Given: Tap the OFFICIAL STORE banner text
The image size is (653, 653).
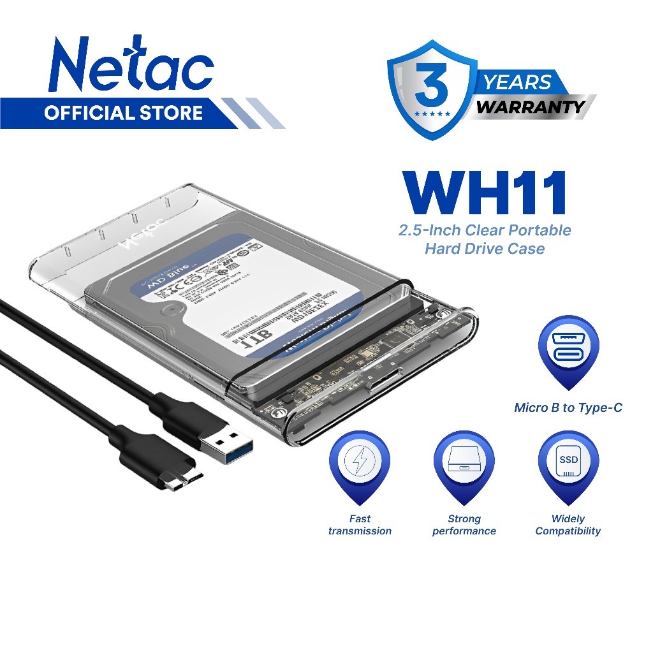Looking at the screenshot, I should (x=123, y=114).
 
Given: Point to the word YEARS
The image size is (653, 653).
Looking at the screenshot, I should (x=517, y=82).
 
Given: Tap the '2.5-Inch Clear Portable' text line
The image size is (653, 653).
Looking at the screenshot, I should (x=485, y=230).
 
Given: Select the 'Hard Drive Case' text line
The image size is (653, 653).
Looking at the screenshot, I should (x=485, y=249).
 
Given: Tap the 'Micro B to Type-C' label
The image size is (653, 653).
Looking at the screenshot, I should (x=568, y=407).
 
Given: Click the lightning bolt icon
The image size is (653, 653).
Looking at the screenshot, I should (x=359, y=460).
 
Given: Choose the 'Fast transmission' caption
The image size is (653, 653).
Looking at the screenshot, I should (x=360, y=525).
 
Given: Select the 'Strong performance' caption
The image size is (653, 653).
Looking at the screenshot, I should (x=464, y=525).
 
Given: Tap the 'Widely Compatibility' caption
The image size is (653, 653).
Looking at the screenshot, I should (x=568, y=525).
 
